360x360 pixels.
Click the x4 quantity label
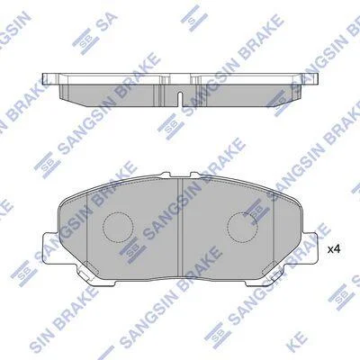click(x=333, y=249)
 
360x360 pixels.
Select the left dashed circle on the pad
click(x=118, y=212)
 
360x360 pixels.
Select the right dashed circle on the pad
click(x=242, y=212)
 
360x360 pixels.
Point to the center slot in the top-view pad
click(x=180, y=98)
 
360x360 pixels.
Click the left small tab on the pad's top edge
click(x=166, y=175)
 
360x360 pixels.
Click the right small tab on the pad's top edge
click(x=195, y=175)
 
